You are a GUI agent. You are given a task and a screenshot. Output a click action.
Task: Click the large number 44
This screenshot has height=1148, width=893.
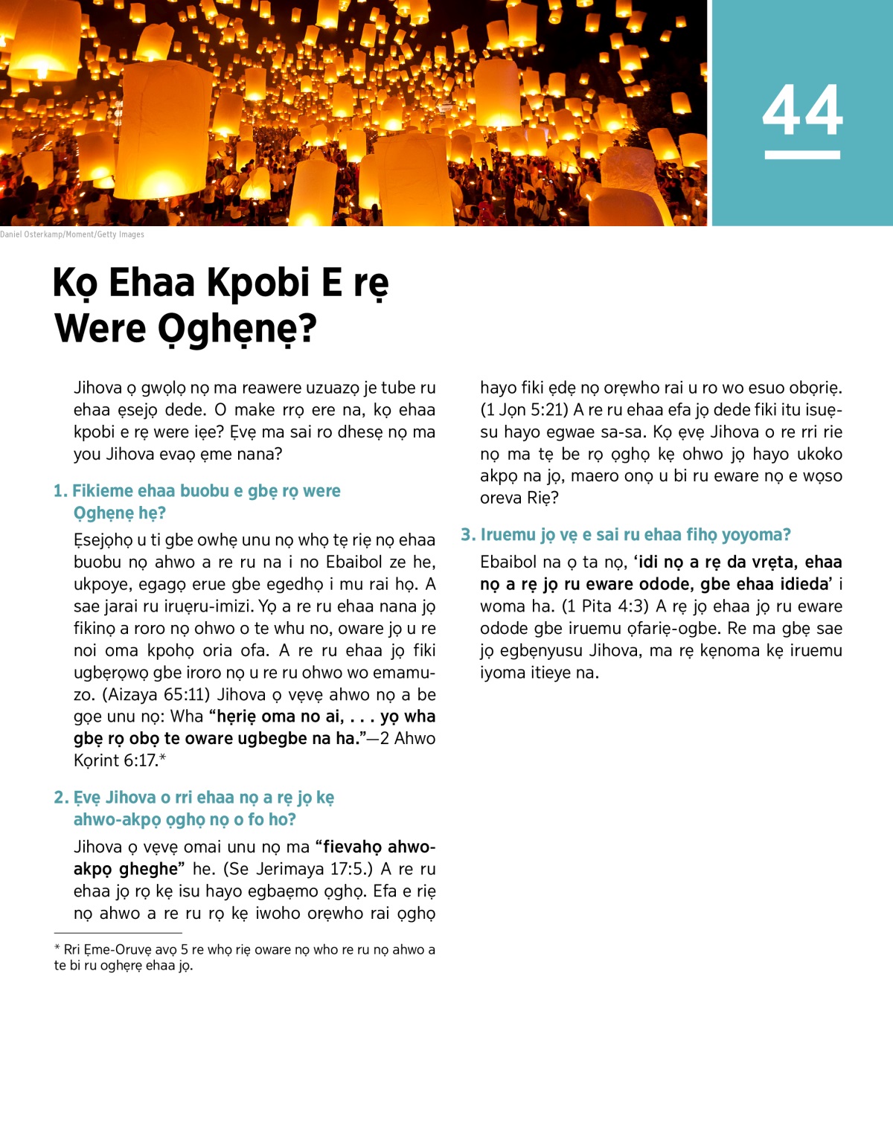(802, 110)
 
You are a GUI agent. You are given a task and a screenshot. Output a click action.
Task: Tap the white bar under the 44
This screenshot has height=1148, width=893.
(802, 155)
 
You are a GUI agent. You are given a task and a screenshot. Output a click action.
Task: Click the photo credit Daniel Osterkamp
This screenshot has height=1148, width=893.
(72, 234)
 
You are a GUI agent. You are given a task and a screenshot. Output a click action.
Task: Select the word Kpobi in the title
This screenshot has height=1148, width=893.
(257, 283)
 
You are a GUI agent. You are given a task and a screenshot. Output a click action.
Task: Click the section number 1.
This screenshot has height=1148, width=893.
(60, 491)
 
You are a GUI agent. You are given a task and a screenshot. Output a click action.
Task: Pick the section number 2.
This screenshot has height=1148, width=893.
(60, 798)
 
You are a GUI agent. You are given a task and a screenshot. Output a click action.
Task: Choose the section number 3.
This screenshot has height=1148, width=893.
(467, 535)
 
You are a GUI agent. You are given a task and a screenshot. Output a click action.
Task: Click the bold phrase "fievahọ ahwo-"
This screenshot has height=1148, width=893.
(379, 847)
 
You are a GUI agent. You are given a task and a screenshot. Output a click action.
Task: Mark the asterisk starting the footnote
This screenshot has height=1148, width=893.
(57, 949)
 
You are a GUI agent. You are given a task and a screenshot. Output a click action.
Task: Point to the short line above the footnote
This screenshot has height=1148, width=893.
(118, 933)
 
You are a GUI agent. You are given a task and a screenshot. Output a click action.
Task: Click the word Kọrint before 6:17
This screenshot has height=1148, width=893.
(97, 761)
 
